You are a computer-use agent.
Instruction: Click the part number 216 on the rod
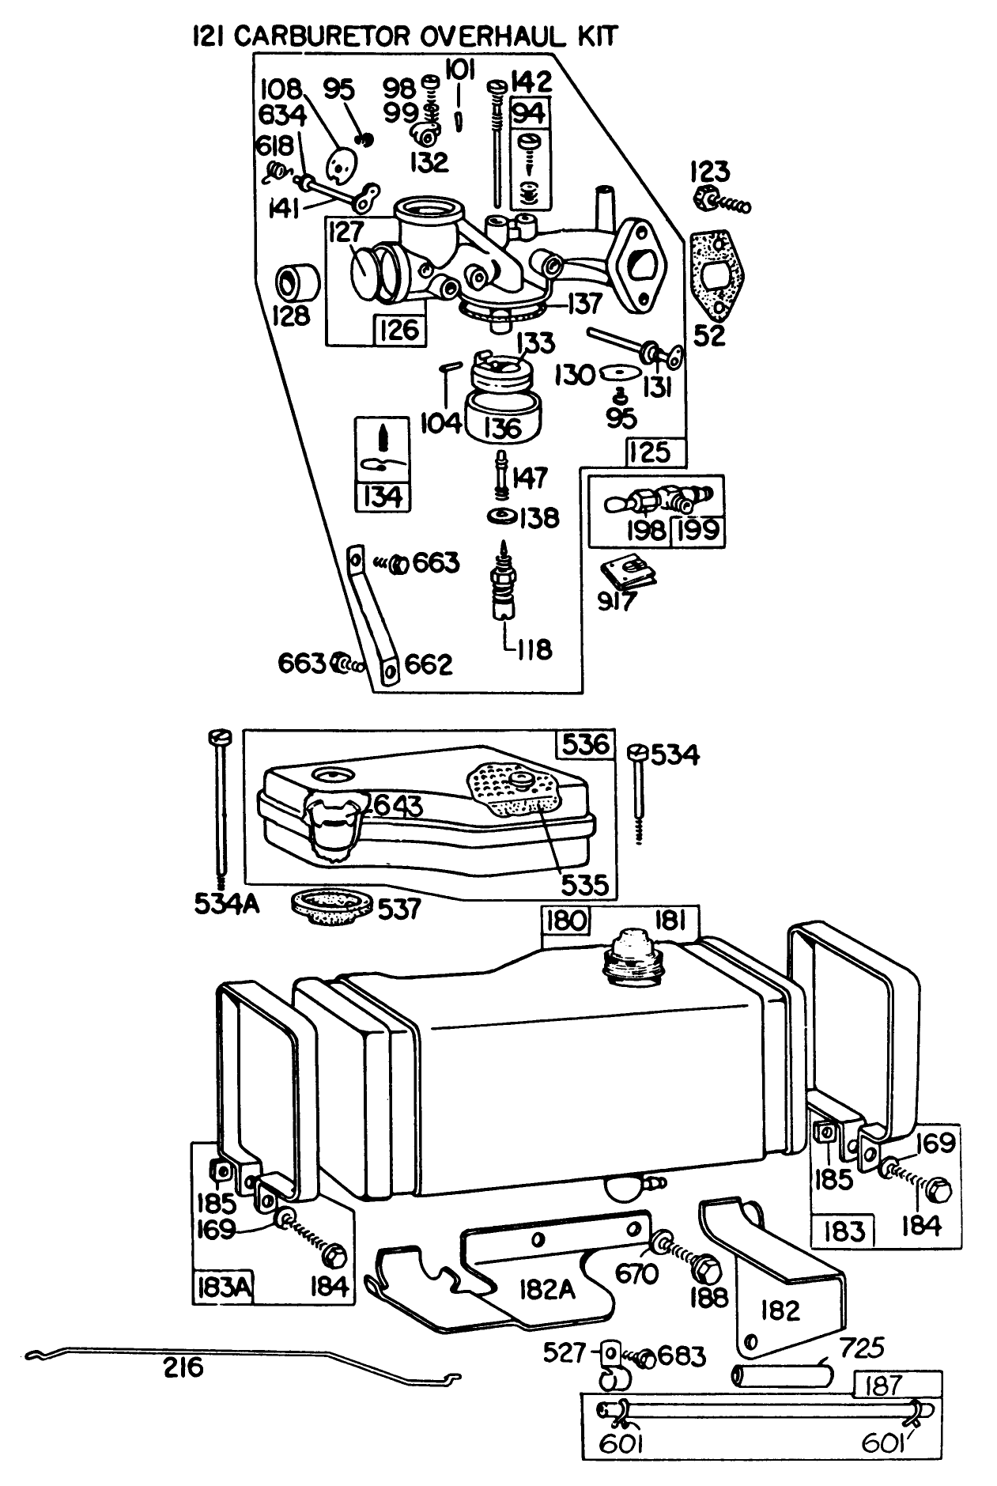click(183, 1367)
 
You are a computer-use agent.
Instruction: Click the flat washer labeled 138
click(501, 517)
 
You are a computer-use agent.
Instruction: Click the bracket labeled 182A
click(546, 1290)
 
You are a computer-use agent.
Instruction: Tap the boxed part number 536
click(585, 744)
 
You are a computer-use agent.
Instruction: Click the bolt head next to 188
click(705, 1269)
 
